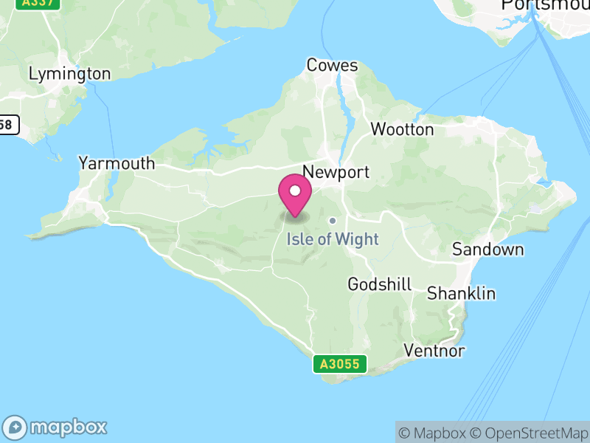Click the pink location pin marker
(x=295, y=196)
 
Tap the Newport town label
(x=336, y=172)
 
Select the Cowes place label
(x=332, y=66)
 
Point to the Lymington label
(x=69, y=74)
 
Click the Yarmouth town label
(x=117, y=163)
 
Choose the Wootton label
(x=402, y=129)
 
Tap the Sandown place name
(x=487, y=250)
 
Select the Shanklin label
(x=462, y=293)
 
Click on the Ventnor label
(x=434, y=350)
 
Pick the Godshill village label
(x=379, y=284)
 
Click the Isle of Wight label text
(x=332, y=238)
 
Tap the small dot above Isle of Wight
(x=333, y=220)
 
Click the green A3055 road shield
(x=339, y=363)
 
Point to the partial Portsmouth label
(x=546, y=5)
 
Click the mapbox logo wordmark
(x=56, y=427)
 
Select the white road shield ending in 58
(x=8, y=125)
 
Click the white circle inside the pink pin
(x=295, y=190)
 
